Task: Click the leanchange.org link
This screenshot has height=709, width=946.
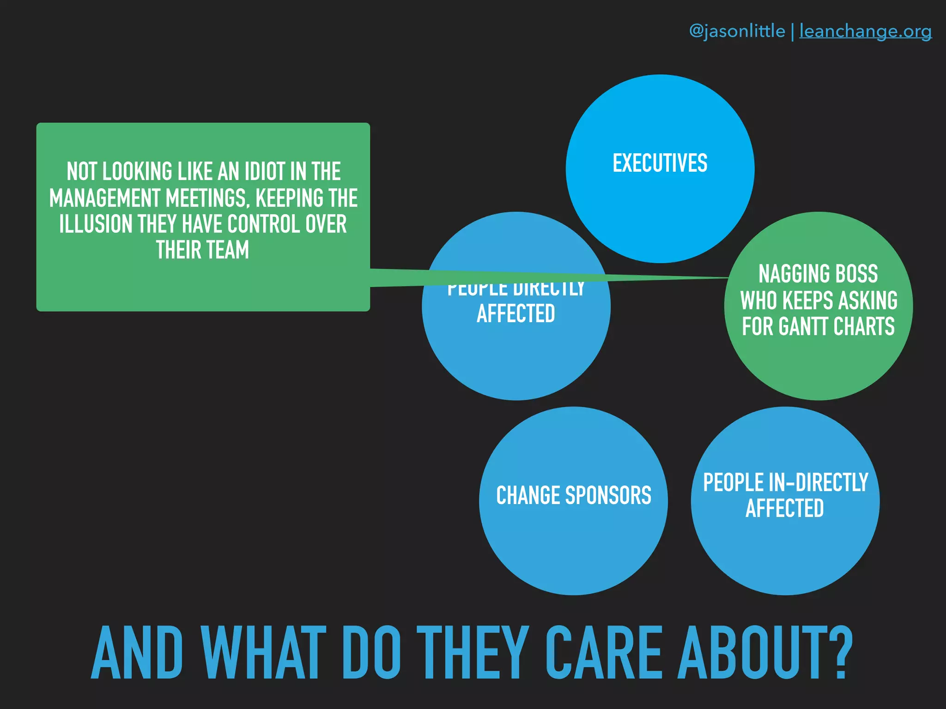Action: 865,31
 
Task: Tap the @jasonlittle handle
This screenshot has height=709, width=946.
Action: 737,31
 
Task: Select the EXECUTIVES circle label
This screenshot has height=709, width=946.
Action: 660,163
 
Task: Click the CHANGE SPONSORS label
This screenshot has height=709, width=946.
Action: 573,496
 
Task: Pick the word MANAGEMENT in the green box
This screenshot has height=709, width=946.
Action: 104,198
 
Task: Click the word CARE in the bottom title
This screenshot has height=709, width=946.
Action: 604,653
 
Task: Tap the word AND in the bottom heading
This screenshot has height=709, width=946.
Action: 137,653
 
